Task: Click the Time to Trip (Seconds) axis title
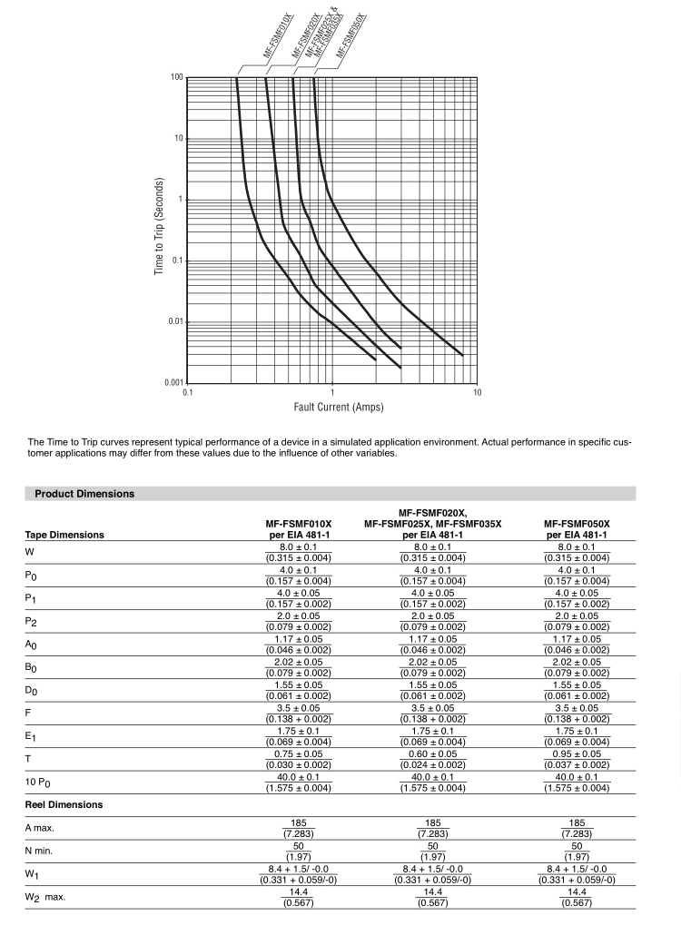point(160,228)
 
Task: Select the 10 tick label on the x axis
point(478,392)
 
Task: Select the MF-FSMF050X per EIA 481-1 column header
point(576,528)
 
